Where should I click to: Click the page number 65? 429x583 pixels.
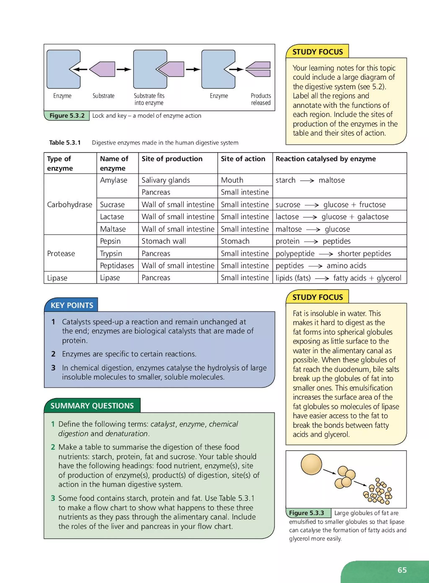coord(402,570)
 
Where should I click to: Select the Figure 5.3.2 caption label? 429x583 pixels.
coord(67,116)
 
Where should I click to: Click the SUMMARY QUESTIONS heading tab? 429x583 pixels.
coord(92,406)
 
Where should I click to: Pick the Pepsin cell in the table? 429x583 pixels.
coord(110,241)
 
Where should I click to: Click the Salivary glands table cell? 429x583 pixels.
coord(166,180)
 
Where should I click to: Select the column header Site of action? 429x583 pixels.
coord(243,159)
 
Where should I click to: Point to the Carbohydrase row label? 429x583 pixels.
coord(69,205)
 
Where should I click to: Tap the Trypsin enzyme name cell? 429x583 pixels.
coord(111,253)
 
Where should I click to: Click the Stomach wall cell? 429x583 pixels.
coord(164,241)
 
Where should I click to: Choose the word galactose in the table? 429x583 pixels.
coord(373,217)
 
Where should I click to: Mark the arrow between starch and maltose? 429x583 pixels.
coord(307,181)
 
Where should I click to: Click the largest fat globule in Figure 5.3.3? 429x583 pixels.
coord(311,464)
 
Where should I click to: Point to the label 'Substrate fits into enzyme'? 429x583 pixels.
coord(149,99)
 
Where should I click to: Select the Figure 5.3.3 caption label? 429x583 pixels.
coord(306,513)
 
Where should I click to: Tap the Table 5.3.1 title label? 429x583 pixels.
coord(65,143)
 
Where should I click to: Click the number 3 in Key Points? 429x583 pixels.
coord(53,368)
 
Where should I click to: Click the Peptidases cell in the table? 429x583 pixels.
coord(117,266)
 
